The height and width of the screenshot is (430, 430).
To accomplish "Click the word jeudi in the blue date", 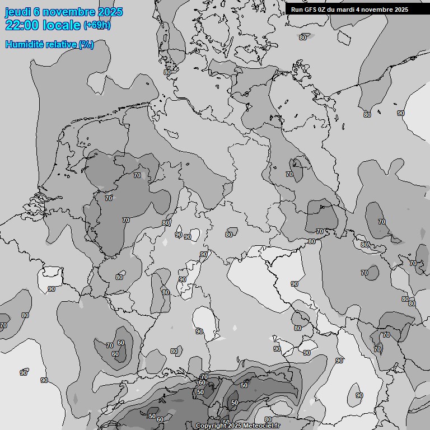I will point(17,12).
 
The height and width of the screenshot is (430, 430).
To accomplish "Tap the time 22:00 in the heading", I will point(22,25).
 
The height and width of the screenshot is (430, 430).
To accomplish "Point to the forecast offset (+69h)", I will point(97,25).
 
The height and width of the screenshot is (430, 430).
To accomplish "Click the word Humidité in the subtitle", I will point(25,44).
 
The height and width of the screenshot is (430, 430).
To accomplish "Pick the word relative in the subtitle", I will point(61,44).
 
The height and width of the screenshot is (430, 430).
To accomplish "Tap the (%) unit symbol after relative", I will point(86,44).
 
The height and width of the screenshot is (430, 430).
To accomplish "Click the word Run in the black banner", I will point(297,10).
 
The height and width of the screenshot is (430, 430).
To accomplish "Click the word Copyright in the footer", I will point(211,426).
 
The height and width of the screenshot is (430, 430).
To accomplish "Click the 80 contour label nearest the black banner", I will point(303,38).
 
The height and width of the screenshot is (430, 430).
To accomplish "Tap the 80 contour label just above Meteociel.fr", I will point(268,419).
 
